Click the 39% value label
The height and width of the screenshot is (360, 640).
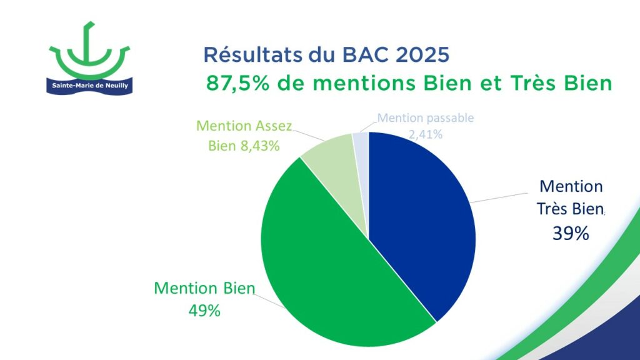tap(571, 234)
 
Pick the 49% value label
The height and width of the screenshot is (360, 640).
tap(204, 311)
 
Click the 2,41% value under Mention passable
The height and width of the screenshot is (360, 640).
tap(426, 134)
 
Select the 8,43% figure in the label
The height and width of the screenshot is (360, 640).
tap(260, 146)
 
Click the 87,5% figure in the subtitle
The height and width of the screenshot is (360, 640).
tap(238, 84)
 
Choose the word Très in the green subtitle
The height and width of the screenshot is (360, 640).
tap(532, 83)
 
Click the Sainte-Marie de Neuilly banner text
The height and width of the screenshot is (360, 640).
tap(90, 86)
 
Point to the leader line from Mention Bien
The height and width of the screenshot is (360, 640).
tap(269, 301)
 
